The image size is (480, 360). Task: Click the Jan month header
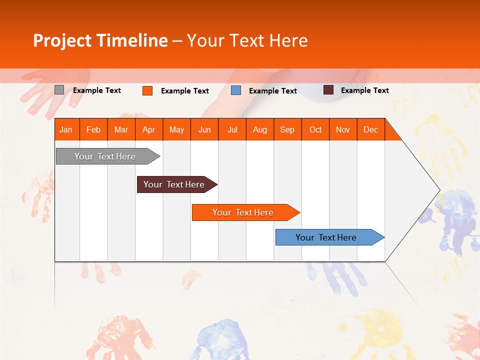coord(66,129)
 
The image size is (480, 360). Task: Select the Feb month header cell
coord(93,129)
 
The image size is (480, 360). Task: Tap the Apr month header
coord(149,129)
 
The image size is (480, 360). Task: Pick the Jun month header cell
coord(204,129)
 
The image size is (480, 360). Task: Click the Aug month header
coord(260,129)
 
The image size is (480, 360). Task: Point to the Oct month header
coord(315,129)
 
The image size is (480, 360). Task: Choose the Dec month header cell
coord(371,129)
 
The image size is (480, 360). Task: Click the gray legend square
coord(59,90)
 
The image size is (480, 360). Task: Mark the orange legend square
coord(147,90)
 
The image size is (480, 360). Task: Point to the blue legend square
coord(236,90)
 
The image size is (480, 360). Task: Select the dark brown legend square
coord(328,90)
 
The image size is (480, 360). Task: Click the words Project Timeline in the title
coord(100,40)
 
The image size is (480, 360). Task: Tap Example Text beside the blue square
coord(273,91)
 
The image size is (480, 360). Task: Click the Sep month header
coord(287,129)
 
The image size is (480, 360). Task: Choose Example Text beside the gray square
coord(97,90)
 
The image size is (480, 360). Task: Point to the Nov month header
coord(343,129)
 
